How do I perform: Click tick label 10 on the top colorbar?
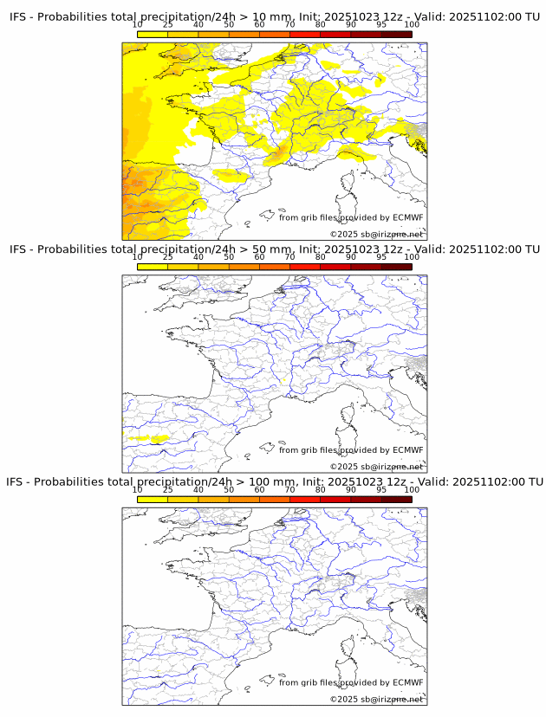click(138, 25)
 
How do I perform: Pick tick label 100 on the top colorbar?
click(412, 25)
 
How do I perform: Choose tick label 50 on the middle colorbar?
click(229, 257)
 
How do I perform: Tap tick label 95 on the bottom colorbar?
click(381, 489)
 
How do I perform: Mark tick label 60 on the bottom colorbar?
click(259, 489)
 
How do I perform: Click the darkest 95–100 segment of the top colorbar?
click(396, 34)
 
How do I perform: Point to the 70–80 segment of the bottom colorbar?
click(304, 500)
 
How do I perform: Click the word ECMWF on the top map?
click(407, 217)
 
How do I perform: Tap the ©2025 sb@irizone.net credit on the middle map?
click(376, 467)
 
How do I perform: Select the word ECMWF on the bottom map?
click(407, 682)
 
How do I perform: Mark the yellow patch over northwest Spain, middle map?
click(147, 439)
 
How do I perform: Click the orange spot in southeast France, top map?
click(279, 155)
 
